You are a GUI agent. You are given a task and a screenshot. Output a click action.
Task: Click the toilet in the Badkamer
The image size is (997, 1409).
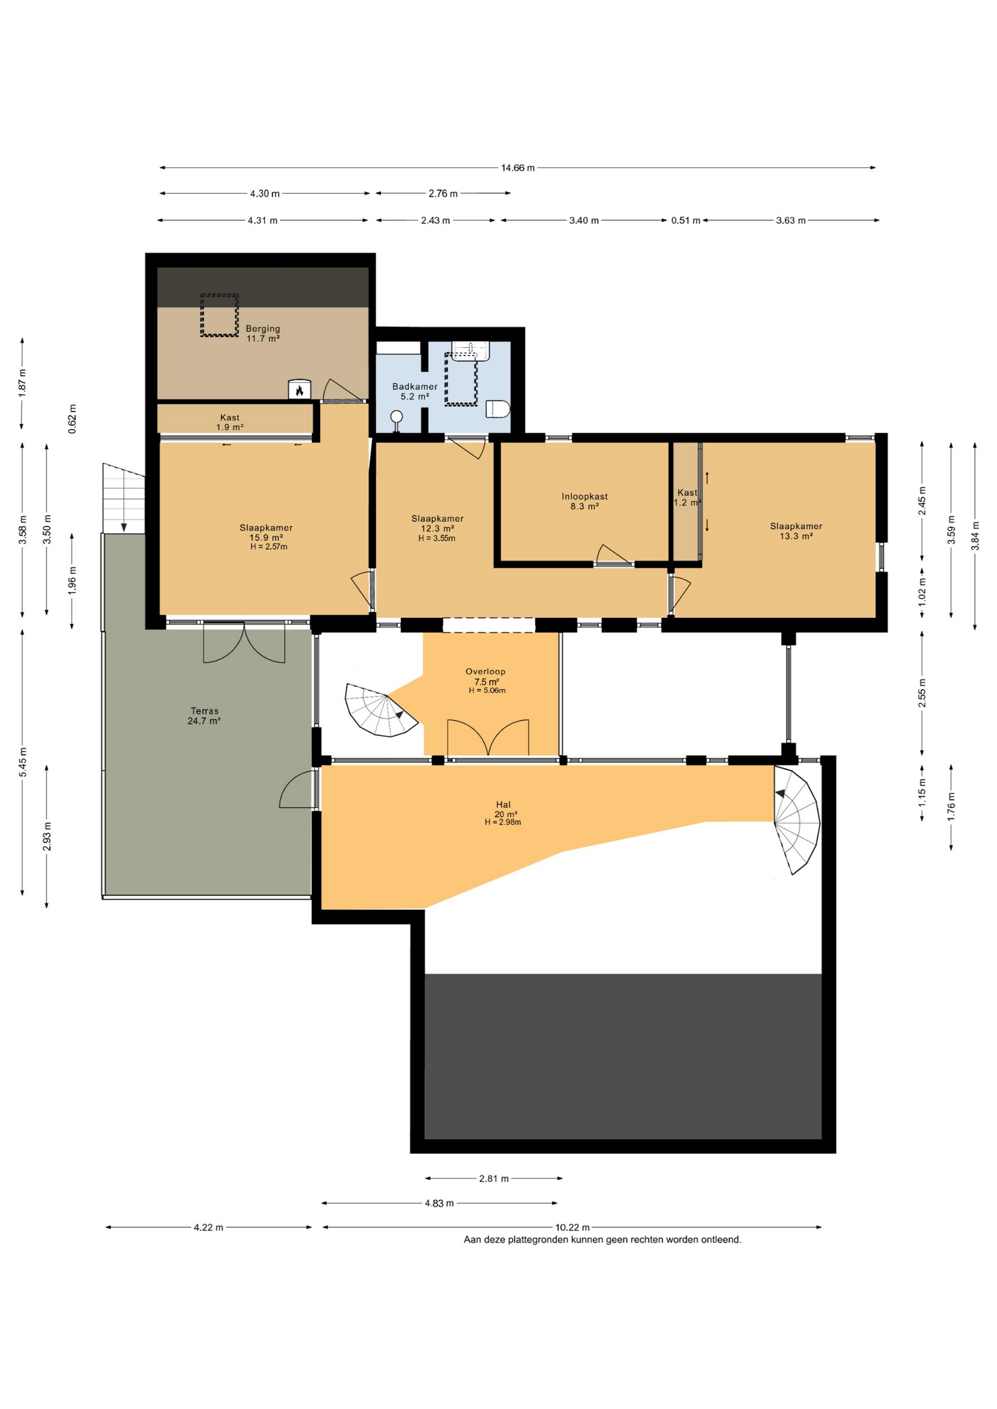(x=498, y=409)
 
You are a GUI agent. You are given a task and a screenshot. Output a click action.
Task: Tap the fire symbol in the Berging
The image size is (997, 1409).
(x=299, y=390)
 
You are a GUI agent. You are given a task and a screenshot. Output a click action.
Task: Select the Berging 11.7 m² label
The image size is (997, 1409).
(x=263, y=334)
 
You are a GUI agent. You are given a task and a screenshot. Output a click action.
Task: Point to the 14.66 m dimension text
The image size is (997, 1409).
(x=518, y=168)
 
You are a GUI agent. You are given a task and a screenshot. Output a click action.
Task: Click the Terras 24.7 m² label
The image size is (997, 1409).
(x=204, y=716)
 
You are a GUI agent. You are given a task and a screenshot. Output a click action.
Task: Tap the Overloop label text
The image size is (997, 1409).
(x=485, y=671)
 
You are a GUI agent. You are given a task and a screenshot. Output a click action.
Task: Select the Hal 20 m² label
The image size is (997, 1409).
(x=504, y=809)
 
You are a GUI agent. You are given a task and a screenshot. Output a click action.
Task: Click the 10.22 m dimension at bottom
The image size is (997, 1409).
(x=573, y=1226)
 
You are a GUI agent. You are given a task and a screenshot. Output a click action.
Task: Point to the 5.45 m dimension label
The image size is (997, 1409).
(x=23, y=762)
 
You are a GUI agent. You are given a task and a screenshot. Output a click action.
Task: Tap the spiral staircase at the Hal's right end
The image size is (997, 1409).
(x=797, y=820)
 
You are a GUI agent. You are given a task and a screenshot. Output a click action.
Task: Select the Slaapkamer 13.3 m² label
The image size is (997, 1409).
(x=796, y=531)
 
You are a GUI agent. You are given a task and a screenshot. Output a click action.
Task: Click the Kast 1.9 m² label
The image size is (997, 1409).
(x=230, y=422)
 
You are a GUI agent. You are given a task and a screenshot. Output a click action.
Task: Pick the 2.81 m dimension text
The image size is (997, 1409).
(x=493, y=1179)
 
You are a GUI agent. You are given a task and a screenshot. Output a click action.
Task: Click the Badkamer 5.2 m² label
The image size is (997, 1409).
(x=415, y=391)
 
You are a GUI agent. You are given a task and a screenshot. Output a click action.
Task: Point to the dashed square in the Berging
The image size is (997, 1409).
(x=220, y=316)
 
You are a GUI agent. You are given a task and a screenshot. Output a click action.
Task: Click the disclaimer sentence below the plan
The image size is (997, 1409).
(x=602, y=1239)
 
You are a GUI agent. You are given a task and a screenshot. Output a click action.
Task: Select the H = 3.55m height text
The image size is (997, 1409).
(x=437, y=538)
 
